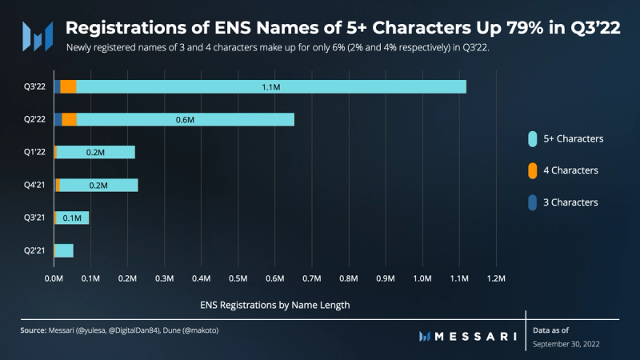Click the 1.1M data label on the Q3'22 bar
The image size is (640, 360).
tap(271, 86)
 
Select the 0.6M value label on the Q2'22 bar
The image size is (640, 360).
tap(186, 119)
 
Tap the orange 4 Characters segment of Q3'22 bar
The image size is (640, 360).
tap(68, 86)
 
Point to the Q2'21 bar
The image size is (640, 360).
tap(63, 250)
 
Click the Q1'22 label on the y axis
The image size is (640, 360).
tap(34, 152)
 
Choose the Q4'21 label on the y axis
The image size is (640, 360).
tap(34, 185)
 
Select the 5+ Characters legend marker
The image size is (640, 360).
tap(531, 138)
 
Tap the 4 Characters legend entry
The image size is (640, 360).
tap(569, 170)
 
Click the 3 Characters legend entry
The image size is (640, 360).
tap(569, 202)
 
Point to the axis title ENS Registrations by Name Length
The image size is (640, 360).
tap(274, 305)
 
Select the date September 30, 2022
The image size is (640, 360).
tap(566, 343)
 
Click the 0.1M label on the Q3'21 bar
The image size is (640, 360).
tap(72, 218)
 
